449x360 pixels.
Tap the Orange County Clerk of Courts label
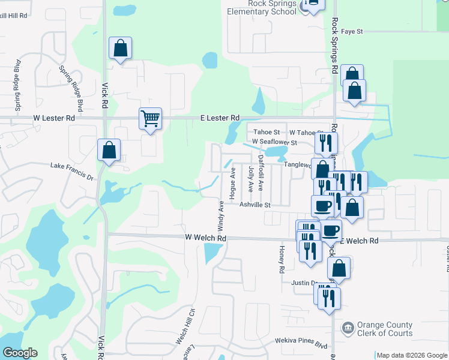pos(384,329)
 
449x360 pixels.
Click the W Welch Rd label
pos(205,238)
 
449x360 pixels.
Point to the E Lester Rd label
pos(220,118)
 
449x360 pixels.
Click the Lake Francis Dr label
pos(72,171)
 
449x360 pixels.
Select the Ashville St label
pos(256,205)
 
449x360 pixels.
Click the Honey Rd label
pos(280,259)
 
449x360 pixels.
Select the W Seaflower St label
pos(274,142)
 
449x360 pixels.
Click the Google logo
pos(20,353)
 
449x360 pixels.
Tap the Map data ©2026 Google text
pos(412,355)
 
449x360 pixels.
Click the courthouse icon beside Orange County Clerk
pos(347,328)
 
